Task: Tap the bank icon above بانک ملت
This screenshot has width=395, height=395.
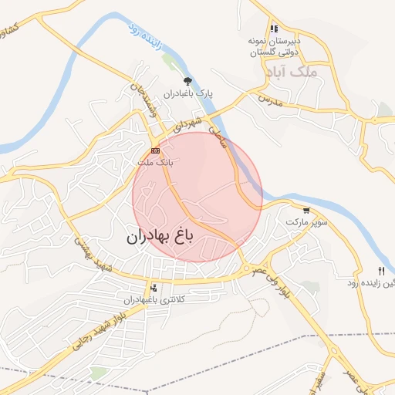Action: pos(156,150)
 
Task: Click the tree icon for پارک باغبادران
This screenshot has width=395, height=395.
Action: pos(186,80)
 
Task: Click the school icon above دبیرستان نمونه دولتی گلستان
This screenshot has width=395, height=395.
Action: pos(274,29)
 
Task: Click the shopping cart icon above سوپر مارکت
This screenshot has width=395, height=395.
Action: pos(307,210)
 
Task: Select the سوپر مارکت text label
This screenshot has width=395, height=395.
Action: pos(307,222)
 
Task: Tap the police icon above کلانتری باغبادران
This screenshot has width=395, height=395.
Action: pos(154,287)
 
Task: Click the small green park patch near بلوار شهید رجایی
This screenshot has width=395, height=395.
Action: pos(98,373)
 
